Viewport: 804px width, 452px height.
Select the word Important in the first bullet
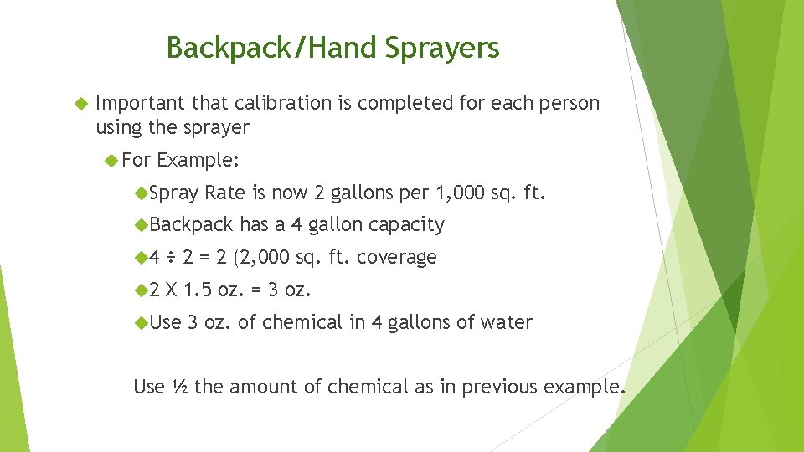tap(141, 103)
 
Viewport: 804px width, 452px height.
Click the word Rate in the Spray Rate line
tap(224, 193)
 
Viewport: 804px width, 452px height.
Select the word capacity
tap(406, 224)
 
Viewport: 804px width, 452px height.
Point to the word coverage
tap(396, 257)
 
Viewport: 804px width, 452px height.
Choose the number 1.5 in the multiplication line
tap(198, 290)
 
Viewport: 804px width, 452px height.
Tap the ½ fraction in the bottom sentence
tap(179, 387)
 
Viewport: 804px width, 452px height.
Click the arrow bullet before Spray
tap(140, 193)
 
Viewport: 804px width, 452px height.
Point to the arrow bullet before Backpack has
tap(140, 224)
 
